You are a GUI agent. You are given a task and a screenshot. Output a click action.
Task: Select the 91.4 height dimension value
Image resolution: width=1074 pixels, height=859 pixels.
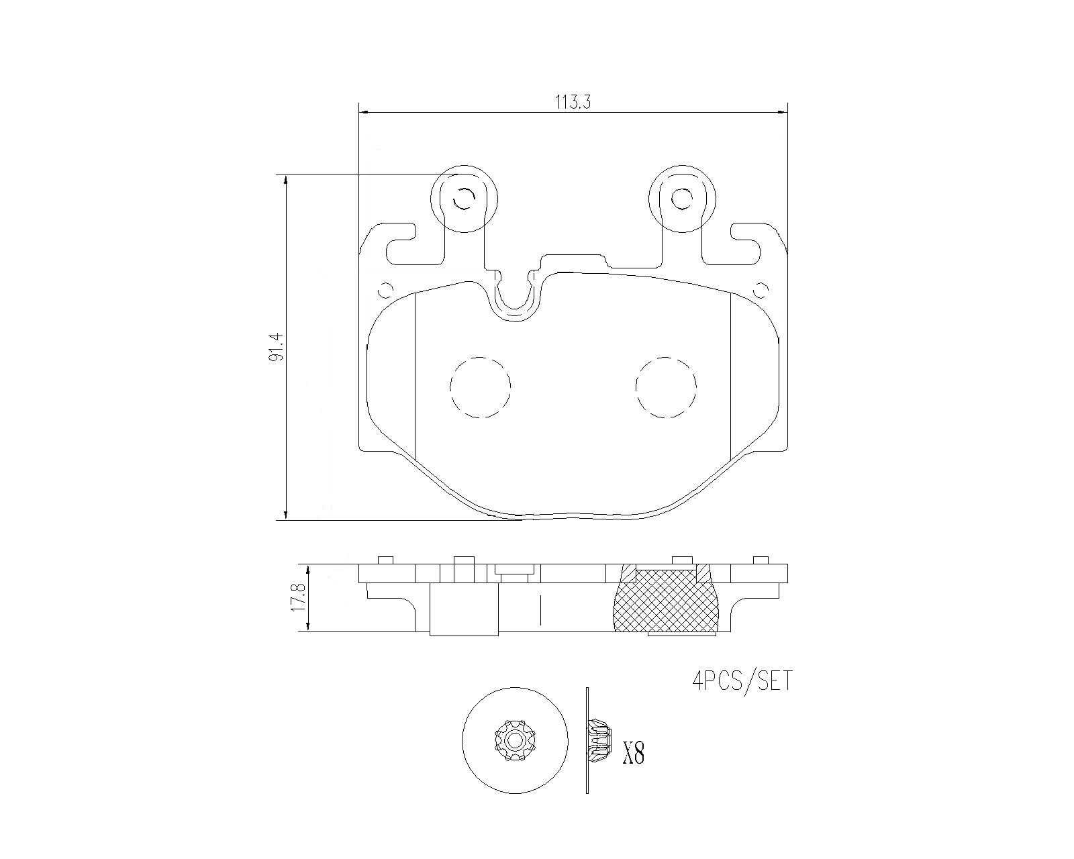pyautogui.click(x=276, y=348)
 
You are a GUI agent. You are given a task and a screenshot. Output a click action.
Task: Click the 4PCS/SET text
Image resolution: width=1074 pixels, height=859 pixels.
pyautogui.click(x=742, y=680)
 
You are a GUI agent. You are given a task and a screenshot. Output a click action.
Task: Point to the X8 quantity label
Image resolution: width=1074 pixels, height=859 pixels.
pyautogui.click(x=633, y=753)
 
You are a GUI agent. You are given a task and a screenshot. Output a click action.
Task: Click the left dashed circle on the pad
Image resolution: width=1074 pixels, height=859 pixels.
pyautogui.click(x=480, y=387)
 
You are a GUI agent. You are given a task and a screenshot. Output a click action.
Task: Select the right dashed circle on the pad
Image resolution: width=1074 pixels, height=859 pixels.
pyautogui.click(x=666, y=387)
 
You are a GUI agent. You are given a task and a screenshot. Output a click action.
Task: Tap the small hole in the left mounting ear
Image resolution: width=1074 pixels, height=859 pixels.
pyautogui.click(x=464, y=199)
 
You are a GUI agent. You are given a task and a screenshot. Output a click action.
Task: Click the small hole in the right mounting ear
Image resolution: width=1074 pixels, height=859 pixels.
pyautogui.click(x=682, y=199)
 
